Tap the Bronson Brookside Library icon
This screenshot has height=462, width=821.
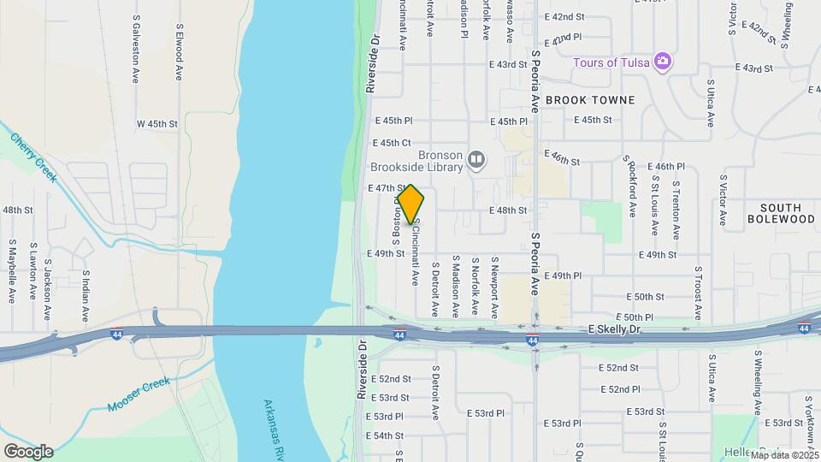(476, 158)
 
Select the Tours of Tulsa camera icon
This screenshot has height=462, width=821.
(661, 62)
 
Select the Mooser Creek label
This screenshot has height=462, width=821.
(139, 395)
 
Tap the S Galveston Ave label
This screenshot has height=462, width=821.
(135, 53)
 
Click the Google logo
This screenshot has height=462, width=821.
(28, 451)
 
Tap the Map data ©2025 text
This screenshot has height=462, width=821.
(785, 455)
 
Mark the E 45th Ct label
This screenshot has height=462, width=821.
(393, 143)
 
